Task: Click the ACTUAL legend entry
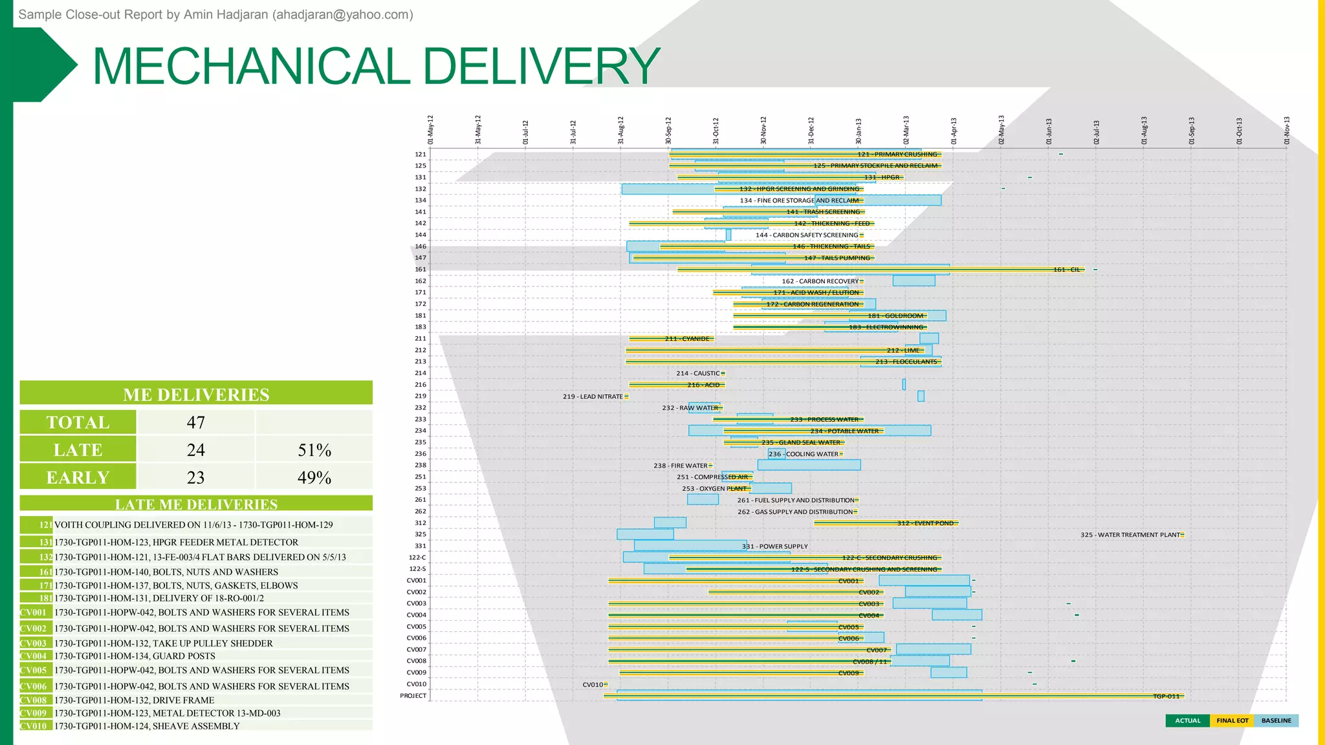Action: point(1187,720)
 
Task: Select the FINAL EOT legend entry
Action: point(1232,720)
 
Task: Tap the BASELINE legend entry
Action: point(1276,720)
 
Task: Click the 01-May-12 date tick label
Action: point(430,129)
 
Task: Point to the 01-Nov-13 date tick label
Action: point(1287,129)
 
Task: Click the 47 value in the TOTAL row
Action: point(195,422)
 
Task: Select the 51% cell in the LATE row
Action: point(314,450)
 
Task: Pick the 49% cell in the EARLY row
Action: point(314,478)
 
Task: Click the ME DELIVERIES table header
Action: point(196,394)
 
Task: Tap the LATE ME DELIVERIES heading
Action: point(196,504)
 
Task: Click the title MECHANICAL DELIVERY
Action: point(376,66)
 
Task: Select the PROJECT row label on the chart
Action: point(413,696)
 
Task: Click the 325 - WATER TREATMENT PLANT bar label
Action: point(1130,535)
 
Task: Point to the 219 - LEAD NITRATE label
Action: point(593,396)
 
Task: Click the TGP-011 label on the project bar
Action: point(1166,696)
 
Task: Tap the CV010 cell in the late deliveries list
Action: point(34,726)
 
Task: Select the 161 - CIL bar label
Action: point(1067,270)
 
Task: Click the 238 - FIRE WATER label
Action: point(681,466)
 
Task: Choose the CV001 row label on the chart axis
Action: point(416,581)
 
